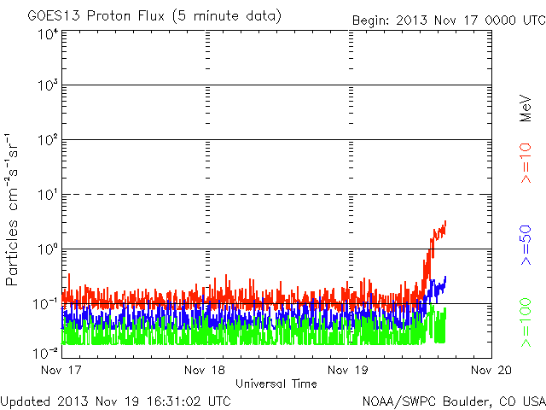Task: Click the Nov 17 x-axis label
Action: [x=61, y=371]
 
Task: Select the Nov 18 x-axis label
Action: [x=205, y=371]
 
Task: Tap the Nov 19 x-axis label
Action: [x=348, y=371]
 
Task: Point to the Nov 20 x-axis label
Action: [x=491, y=371]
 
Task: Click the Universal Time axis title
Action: [x=276, y=384]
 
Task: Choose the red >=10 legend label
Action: [x=526, y=163]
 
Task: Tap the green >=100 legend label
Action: [x=526, y=323]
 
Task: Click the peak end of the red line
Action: [x=445, y=222]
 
